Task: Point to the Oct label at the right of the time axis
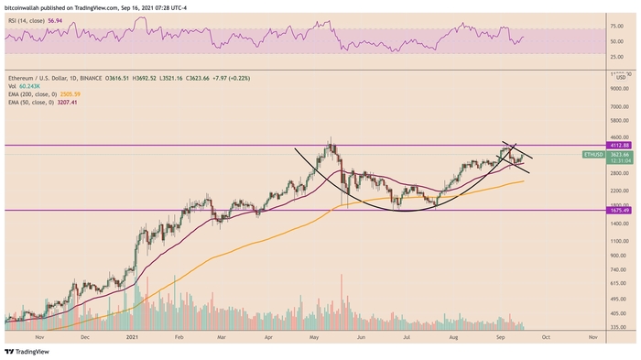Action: coord(545,338)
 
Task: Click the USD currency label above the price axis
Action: coord(620,77)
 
